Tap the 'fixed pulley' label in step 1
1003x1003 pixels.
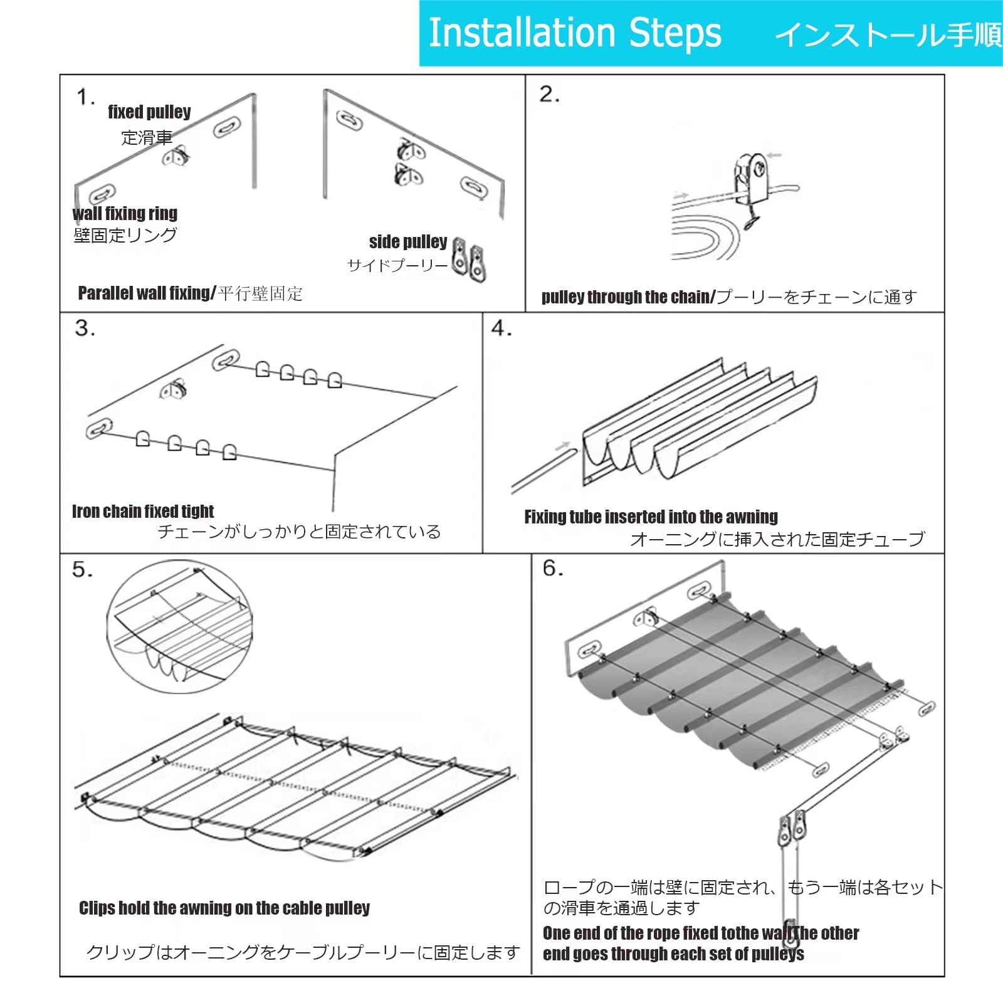point(149,112)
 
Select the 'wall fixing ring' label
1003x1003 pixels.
point(125,213)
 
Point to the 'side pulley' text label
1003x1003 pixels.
point(408,241)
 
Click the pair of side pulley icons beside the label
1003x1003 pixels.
point(470,259)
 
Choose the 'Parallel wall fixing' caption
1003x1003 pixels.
point(147,293)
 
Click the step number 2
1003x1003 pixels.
point(549,95)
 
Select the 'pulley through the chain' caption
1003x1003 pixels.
point(628,297)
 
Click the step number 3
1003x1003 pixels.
point(85,328)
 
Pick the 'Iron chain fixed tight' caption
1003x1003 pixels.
point(143,512)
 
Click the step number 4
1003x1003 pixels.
point(501,328)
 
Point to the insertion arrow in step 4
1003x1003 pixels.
point(562,446)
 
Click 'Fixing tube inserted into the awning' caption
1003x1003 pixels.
point(651,517)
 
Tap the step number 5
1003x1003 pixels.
point(82,569)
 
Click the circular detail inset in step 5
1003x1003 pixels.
point(179,628)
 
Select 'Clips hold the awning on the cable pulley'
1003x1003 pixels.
point(224,908)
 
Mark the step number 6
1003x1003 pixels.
point(553,568)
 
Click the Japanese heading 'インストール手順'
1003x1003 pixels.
point(889,34)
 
